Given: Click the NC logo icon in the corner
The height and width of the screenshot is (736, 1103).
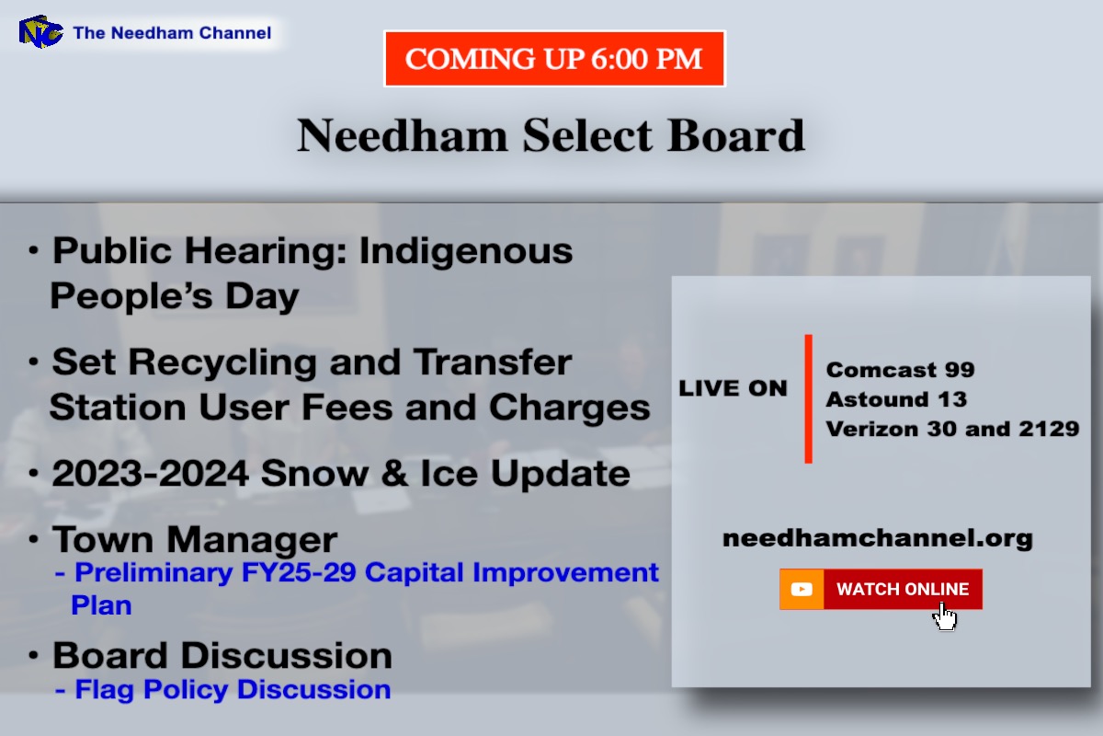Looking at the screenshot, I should pyautogui.click(x=40, y=32).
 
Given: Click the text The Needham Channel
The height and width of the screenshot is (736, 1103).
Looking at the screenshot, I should pyautogui.click(x=172, y=33).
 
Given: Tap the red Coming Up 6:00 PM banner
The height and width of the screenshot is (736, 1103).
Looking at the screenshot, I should pyautogui.click(x=554, y=59).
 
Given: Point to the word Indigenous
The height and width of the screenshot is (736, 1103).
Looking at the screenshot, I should pyautogui.click(x=466, y=251).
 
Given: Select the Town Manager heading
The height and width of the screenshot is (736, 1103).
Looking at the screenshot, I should pyautogui.click(x=195, y=539).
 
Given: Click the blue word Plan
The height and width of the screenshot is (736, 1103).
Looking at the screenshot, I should pyautogui.click(x=101, y=605).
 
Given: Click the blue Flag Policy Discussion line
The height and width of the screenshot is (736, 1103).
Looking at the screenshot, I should pyautogui.click(x=233, y=689).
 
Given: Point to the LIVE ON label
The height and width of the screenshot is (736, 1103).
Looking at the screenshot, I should pyautogui.click(x=733, y=389).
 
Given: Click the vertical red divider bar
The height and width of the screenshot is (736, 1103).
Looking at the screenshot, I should pyautogui.click(x=808, y=398).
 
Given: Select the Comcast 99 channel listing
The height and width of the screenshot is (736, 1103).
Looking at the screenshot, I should pyautogui.click(x=900, y=370).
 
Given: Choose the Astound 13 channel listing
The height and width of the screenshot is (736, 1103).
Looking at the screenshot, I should pyautogui.click(x=896, y=399).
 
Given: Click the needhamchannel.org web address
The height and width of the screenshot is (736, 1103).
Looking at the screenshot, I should pyautogui.click(x=878, y=538).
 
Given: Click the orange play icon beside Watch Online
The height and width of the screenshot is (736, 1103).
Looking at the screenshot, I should pyautogui.click(x=802, y=590).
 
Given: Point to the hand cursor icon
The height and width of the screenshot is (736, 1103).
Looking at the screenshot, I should pyautogui.click(x=945, y=615).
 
